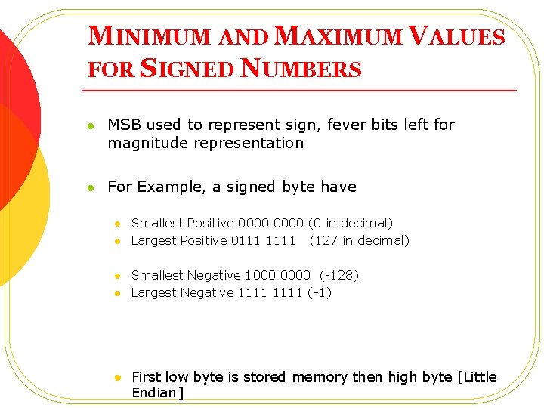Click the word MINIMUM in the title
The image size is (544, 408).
[x=147, y=37]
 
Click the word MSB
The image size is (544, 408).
[x=125, y=125]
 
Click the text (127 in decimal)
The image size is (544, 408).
[x=360, y=240]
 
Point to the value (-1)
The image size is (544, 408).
[x=320, y=292]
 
